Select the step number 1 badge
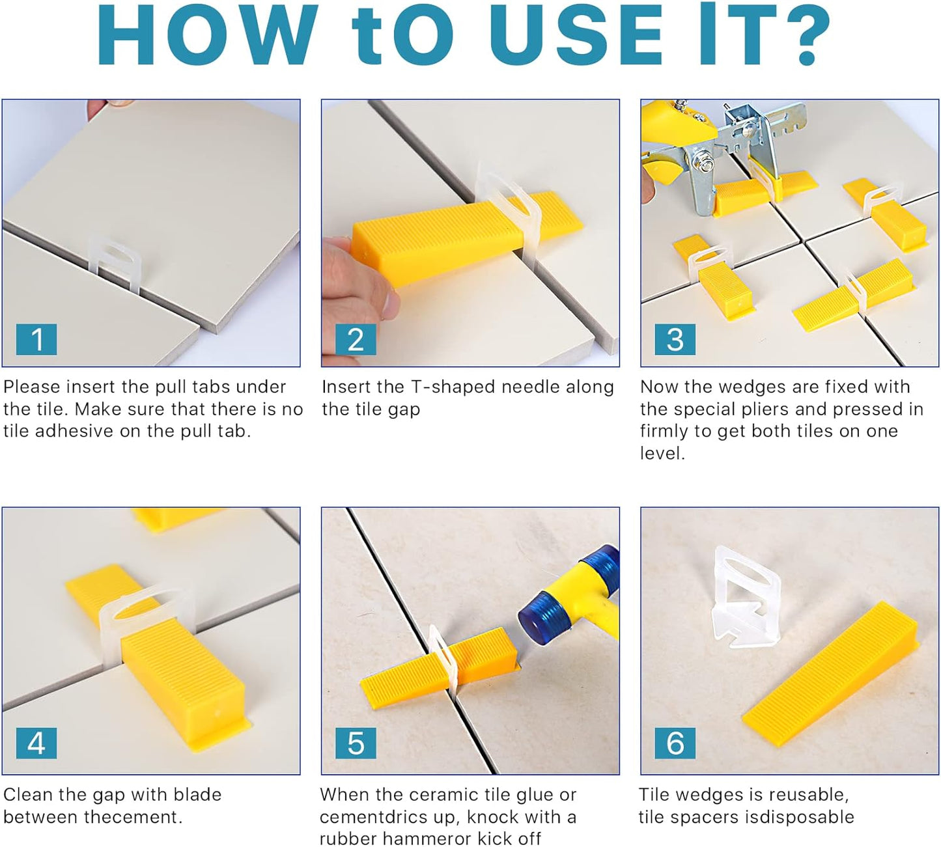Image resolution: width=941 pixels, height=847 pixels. coord(36,339)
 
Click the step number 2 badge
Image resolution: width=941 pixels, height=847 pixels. coord(356,339)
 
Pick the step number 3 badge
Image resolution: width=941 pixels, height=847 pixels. coord(675,339)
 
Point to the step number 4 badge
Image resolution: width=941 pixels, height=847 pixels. coord(36,743)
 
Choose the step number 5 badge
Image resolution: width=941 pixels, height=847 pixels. coord(356,743)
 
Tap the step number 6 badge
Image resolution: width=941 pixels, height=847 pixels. coord(675,743)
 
